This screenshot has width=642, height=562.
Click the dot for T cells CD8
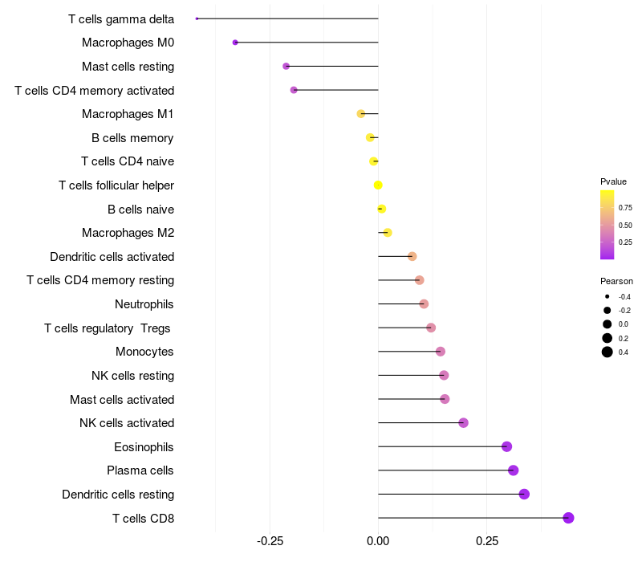click(x=568, y=518)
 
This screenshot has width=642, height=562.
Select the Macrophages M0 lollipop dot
click(x=235, y=42)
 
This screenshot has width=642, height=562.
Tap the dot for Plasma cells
click(x=514, y=470)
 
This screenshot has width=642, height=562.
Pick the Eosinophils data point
click(x=506, y=446)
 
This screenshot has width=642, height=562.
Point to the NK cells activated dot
click(x=463, y=423)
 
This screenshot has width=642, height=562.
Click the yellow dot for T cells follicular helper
click(x=378, y=185)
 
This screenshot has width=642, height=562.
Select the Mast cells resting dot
click(x=286, y=66)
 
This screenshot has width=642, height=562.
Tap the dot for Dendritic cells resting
click(x=524, y=494)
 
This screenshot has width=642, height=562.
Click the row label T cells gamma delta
click(x=121, y=18)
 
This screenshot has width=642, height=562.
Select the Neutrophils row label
click(x=144, y=304)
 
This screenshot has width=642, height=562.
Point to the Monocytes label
click(x=144, y=352)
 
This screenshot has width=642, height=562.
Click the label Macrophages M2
click(x=128, y=233)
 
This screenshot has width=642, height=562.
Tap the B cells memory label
click(x=132, y=138)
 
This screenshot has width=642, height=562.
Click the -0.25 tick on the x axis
click(x=269, y=541)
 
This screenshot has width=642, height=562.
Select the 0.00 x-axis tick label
click(x=378, y=541)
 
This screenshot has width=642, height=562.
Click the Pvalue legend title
click(x=613, y=181)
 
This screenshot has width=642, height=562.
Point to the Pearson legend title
click(x=616, y=281)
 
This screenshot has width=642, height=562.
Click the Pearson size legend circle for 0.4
click(x=607, y=352)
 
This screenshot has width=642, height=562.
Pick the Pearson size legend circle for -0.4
click(x=607, y=296)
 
